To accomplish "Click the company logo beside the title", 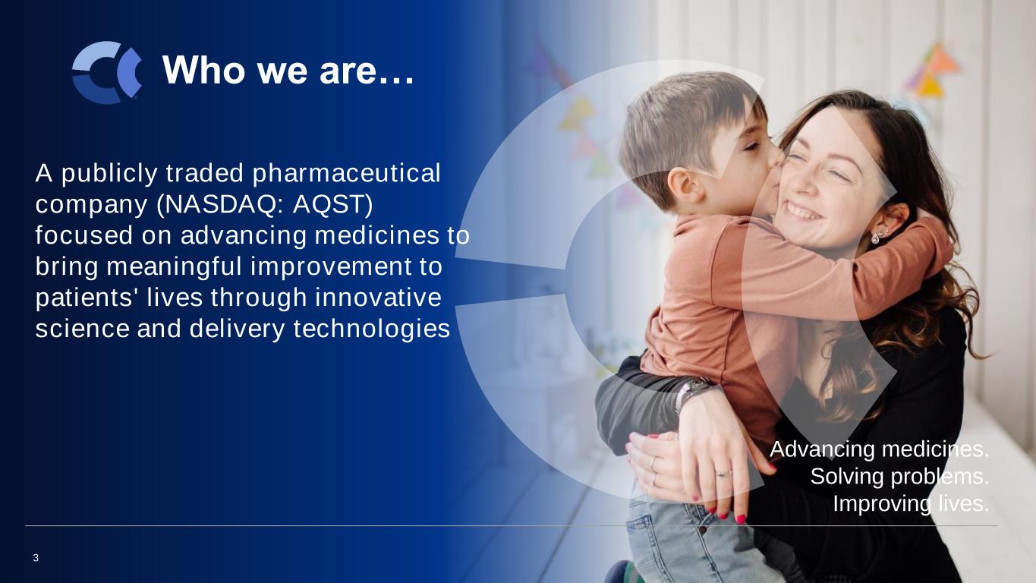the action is point(107,72).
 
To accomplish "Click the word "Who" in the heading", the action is point(204,70).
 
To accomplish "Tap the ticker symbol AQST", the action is point(332,204).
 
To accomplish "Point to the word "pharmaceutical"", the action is point(346,174).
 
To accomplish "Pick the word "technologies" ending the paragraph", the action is point(372,329).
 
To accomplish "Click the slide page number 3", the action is point(36,558).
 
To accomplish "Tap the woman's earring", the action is point(876,237).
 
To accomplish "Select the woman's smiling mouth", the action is point(803,210).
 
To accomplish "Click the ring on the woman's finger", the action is point(723,474).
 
